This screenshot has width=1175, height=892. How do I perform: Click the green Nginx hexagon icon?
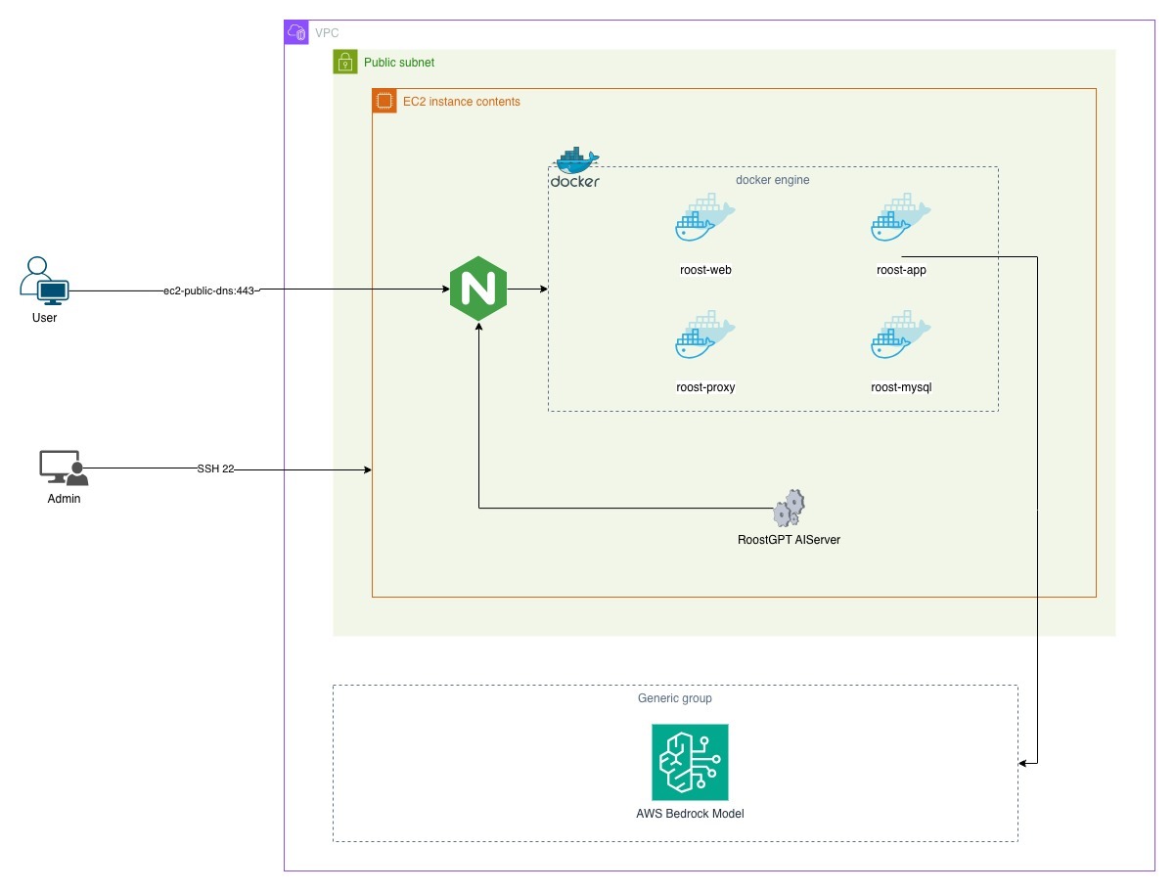click(478, 290)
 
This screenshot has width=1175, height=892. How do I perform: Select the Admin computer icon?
click(64, 468)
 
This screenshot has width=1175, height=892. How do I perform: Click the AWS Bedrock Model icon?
click(690, 762)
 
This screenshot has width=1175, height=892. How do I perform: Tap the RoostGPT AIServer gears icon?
click(789, 508)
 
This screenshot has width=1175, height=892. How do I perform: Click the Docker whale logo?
click(575, 167)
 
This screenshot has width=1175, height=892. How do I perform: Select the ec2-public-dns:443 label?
click(209, 290)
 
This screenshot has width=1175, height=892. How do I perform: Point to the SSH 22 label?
click(215, 469)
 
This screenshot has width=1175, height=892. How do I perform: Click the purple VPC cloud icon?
click(295, 32)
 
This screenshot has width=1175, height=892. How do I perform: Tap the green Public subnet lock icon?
click(344, 62)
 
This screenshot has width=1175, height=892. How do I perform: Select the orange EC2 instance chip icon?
click(384, 101)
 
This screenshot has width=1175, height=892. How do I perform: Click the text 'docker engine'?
click(772, 180)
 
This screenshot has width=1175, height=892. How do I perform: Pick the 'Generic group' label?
click(674, 698)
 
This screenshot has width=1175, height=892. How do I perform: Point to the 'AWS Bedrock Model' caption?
click(690, 813)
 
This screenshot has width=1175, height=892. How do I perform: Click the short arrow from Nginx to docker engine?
click(528, 290)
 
